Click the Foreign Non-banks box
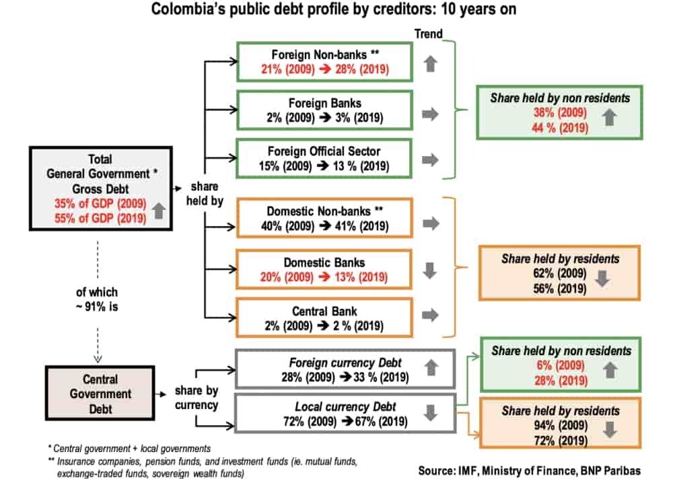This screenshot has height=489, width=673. pyautogui.click(x=324, y=62)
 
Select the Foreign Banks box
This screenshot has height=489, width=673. pyautogui.click(x=324, y=110)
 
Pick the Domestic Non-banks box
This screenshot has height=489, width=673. pyautogui.click(x=324, y=218)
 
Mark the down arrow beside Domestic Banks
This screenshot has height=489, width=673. pyautogui.click(x=431, y=270)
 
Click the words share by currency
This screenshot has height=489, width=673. pyautogui.click(x=196, y=398)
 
